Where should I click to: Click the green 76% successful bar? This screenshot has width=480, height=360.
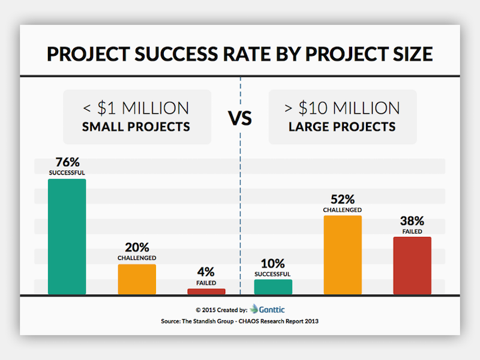click(x=67, y=236)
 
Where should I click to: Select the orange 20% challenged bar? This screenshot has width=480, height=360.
click(x=137, y=279)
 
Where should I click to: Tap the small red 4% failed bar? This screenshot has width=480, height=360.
click(x=206, y=292)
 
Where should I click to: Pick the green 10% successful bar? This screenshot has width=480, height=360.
click(x=273, y=287)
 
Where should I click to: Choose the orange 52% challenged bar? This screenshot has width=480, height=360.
click(x=343, y=255)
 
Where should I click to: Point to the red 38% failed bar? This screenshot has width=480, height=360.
click(x=412, y=265)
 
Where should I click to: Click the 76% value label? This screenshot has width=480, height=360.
click(x=67, y=163)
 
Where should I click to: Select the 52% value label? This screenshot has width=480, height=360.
click(x=343, y=199)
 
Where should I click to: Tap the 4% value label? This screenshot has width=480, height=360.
click(x=206, y=272)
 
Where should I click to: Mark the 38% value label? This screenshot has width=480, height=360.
click(x=412, y=220)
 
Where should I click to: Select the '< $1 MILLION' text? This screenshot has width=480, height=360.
click(x=137, y=108)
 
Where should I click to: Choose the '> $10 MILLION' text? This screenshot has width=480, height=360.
click(x=343, y=108)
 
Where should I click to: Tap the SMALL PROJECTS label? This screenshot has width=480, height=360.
click(x=137, y=127)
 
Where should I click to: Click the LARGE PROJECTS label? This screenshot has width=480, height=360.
click(x=343, y=127)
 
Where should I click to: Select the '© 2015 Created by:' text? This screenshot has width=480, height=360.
click(x=221, y=310)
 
